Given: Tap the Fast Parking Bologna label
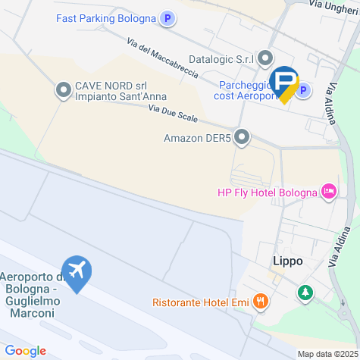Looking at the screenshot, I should [105, 18].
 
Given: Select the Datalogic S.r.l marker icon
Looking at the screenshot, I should [265, 58].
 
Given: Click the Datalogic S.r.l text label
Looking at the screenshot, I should [220, 58].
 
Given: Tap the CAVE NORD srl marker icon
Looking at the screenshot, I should [63, 91].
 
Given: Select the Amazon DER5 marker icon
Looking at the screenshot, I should [242, 138].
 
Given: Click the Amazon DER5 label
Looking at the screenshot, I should [196, 138].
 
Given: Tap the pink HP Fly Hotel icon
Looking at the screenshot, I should [329, 192].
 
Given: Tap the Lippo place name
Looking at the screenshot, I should [287, 261].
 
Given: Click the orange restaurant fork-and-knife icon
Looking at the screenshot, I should [261, 302].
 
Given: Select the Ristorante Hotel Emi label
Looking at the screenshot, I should [200, 302].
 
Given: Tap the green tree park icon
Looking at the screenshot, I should [305, 292].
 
